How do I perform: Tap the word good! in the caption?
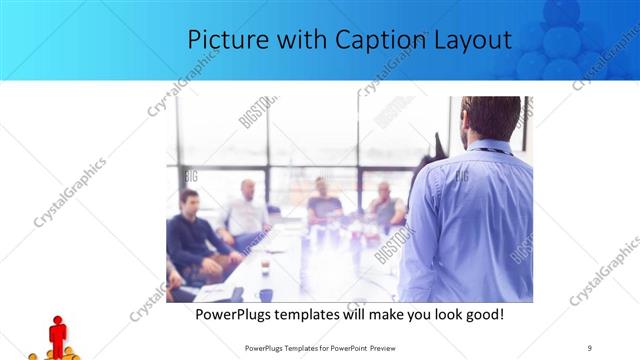[483, 314]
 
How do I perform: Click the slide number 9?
[590, 347]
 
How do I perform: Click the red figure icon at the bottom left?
[58, 334]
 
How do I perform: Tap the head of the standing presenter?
[492, 116]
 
